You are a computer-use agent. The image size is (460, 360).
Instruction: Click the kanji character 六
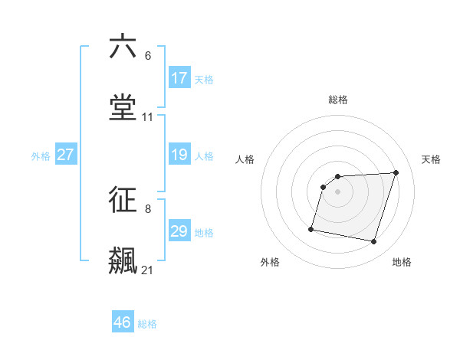pyautogui.click(x=123, y=47)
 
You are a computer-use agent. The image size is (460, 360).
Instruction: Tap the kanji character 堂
pyautogui.click(x=123, y=109)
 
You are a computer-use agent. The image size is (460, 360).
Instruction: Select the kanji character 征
pyautogui.click(x=123, y=200)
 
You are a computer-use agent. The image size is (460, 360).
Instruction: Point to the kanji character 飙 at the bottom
pyautogui.click(x=123, y=261)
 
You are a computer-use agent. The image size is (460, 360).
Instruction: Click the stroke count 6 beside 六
pyautogui.click(x=148, y=55)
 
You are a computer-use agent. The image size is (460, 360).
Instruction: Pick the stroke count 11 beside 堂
pyautogui.click(x=148, y=117)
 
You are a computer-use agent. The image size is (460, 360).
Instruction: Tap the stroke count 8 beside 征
pyautogui.click(x=148, y=208)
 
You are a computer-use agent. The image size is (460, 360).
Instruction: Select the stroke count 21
pyautogui.click(x=148, y=270)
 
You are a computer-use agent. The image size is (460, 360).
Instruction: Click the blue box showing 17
pyautogui.click(x=179, y=78)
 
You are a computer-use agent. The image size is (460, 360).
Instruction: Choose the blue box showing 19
pyautogui.click(x=179, y=155)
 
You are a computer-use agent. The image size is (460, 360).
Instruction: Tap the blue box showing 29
pyautogui.click(x=179, y=231)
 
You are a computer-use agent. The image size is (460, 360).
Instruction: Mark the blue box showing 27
pyautogui.click(x=66, y=155)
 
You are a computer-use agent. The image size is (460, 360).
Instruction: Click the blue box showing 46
pyautogui.click(x=123, y=322)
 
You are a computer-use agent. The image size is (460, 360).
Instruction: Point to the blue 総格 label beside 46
pyautogui.click(x=147, y=324)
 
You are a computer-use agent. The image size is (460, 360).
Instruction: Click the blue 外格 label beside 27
pyautogui.click(x=41, y=156)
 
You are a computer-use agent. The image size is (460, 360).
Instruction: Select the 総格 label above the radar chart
pyautogui.click(x=338, y=100)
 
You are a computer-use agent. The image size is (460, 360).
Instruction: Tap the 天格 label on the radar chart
pyautogui.click(x=432, y=159)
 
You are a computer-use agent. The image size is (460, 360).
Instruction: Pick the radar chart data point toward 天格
pyautogui.click(x=396, y=172)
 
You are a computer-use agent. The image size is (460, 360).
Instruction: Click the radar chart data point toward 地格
pyautogui.click(x=374, y=242)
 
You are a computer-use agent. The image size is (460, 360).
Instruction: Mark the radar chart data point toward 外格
pyautogui.click(x=311, y=228)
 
